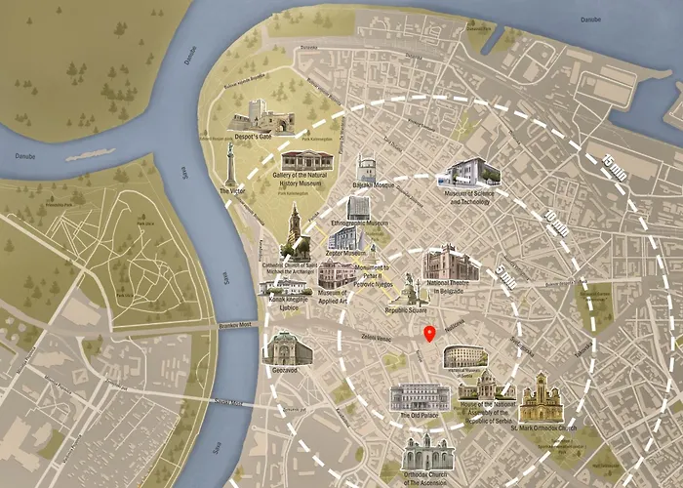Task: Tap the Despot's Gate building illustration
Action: coord(261,120)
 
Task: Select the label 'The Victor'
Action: coord(232,192)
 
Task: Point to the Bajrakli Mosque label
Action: coord(375,184)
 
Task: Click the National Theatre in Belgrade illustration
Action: coord(451,266)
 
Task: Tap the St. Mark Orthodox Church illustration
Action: coord(540,398)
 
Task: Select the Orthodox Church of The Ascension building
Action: coord(427,456)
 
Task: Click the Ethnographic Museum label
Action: coord(357,224)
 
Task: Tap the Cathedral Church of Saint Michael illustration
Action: coord(294,232)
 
